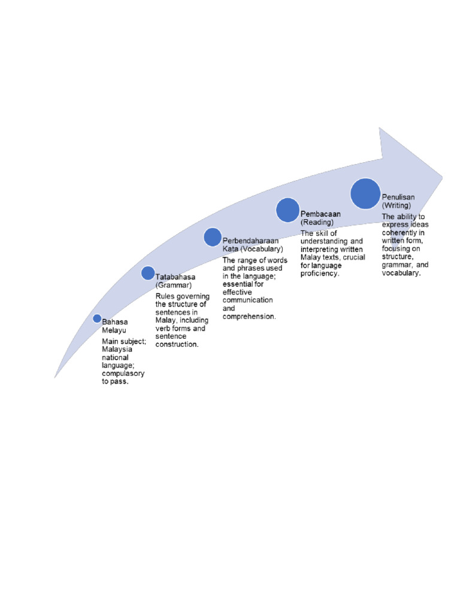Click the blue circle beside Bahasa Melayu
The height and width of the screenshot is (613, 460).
[97, 318]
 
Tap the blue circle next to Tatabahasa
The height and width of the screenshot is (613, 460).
[148, 273]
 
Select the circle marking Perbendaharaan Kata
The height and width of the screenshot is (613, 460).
[213, 237]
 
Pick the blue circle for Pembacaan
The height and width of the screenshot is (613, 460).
[287, 210]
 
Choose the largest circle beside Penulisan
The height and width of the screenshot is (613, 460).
[365, 193]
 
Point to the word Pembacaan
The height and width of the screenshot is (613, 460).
[320, 214]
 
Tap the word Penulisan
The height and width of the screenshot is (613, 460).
[398, 197]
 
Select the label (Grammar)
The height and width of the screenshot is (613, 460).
[174, 286]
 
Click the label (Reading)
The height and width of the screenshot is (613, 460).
[317, 222]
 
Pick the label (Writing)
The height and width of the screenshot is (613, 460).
[397, 205]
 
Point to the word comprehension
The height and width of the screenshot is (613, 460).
[249, 316]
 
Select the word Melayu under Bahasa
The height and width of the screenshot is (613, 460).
[114, 330]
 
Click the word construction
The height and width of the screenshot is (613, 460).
[177, 344]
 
